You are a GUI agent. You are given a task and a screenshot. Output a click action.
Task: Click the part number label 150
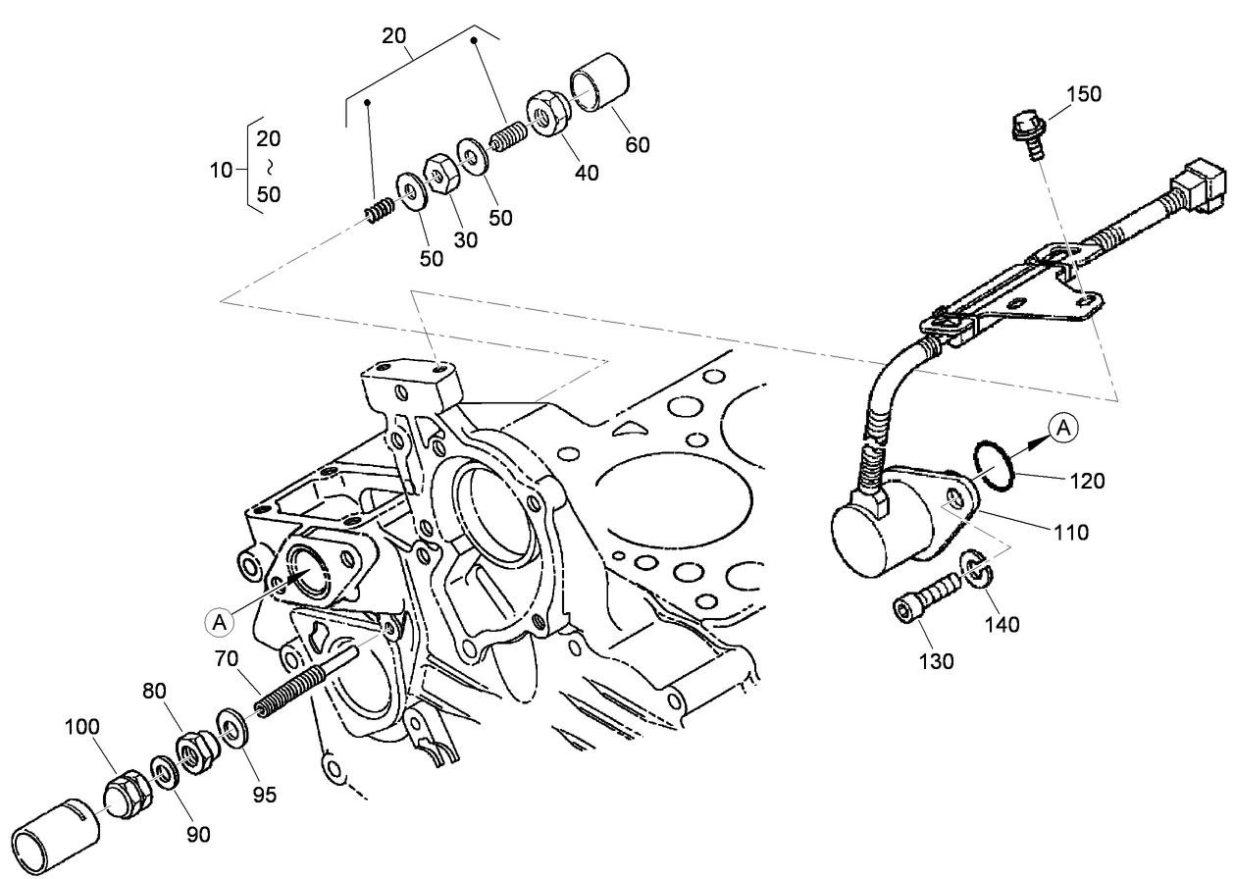(1083, 94)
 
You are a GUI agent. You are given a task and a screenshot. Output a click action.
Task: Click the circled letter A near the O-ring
(1064, 428)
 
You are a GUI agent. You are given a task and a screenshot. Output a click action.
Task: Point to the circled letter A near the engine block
(220, 620)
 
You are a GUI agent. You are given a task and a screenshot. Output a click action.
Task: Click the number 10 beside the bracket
(222, 170)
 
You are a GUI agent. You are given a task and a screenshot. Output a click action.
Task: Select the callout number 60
(638, 145)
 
